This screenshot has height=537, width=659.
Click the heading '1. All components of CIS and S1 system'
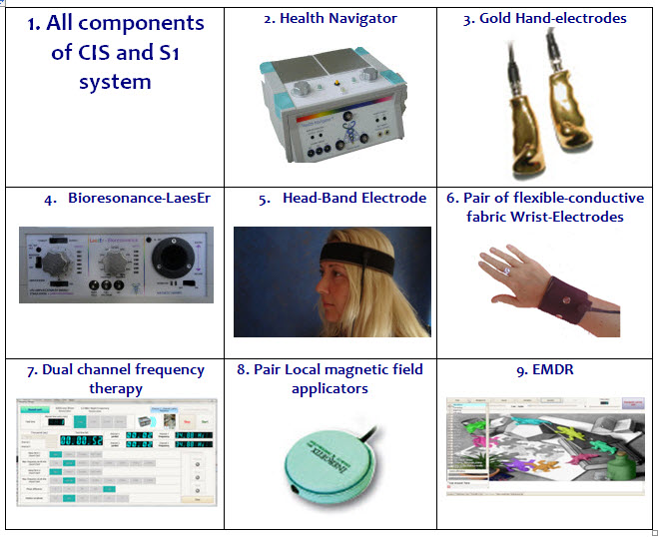pyautogui.click(x=115, y=52)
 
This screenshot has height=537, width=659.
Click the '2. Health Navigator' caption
pyautogui.click(x=329, y=18)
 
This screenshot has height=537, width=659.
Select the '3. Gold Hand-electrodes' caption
pyautogui.click(x=545, y=18)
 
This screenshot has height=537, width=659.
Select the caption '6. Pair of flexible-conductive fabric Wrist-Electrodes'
pyautogui.click(x=545, y=207)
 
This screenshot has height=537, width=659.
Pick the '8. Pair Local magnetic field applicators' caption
pyautogui.click(x=329, y=378)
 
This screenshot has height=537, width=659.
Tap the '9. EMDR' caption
pyautogui.click(x=545, y=370)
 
